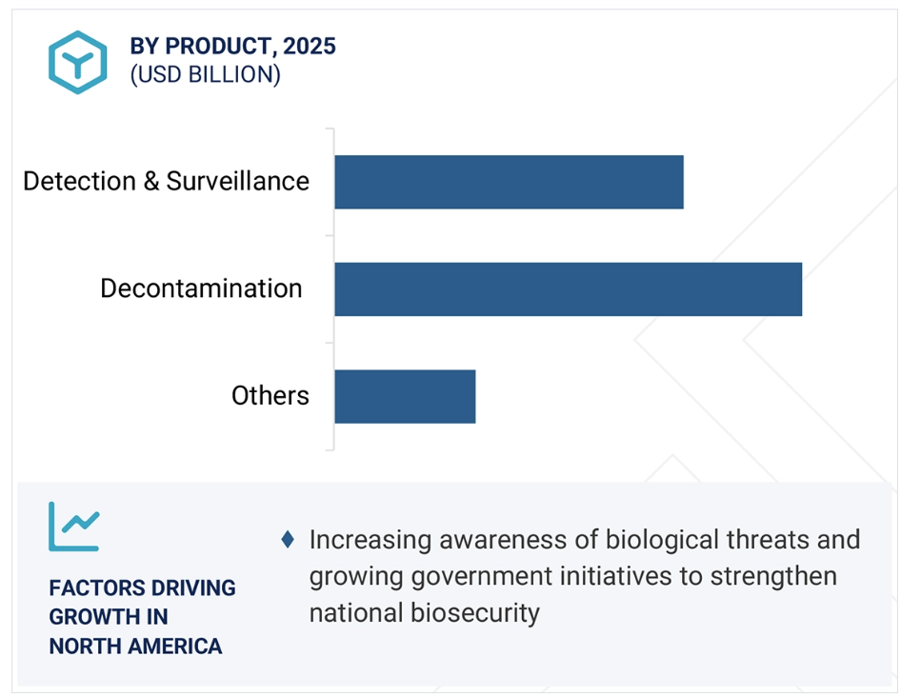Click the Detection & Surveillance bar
point(510,182)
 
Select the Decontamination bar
point(569,289)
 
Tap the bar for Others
point(405,396)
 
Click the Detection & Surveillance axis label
point(166,181)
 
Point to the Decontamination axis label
point(201,289)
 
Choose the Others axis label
point(270,396)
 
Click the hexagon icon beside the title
point(77,62)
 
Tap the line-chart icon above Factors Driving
point(74,527)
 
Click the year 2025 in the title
point(310,46)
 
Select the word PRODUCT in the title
point(217,46)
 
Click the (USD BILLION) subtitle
point(205,74)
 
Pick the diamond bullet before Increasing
point(288,540)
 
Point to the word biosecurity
point(474,613)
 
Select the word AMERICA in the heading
point(174,647)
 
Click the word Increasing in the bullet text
point(370,541)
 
